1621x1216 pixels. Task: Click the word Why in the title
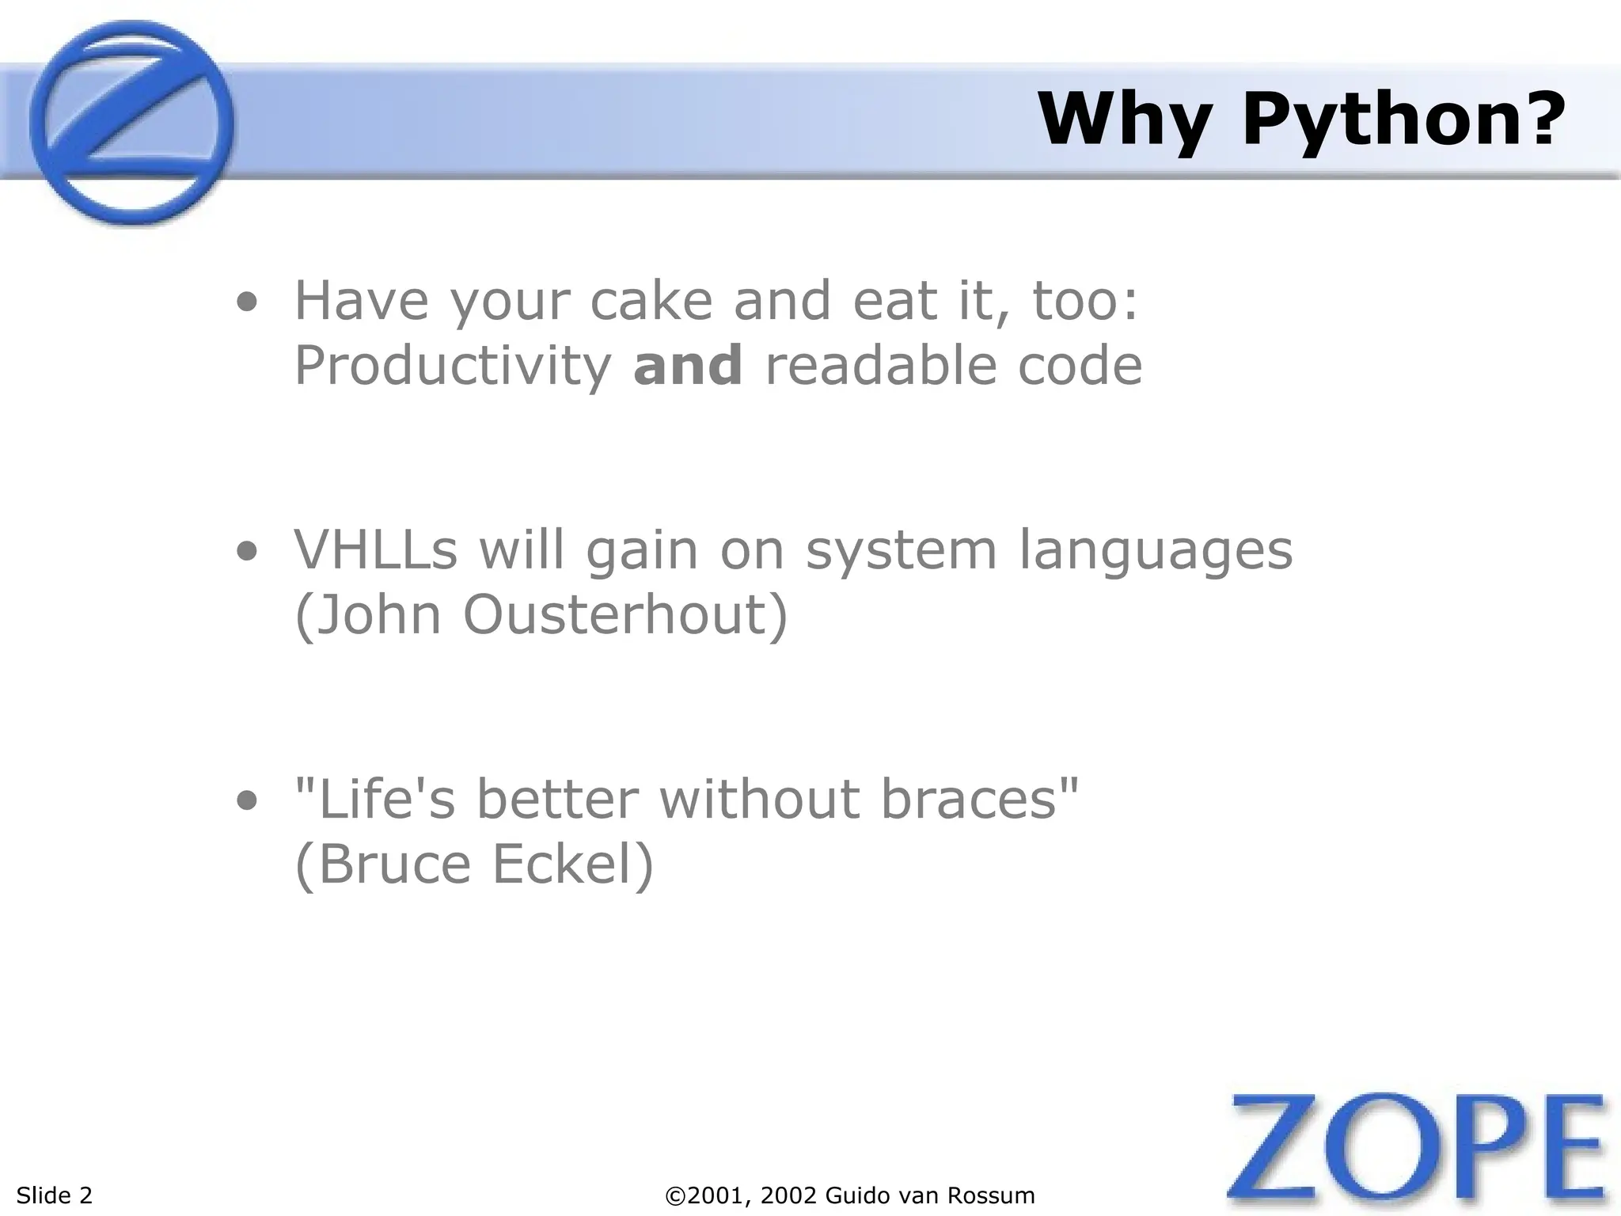point(1125,121)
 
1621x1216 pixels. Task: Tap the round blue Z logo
point(131,123)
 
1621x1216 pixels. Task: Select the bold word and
point(688,366)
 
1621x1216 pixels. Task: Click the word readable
point(879,366)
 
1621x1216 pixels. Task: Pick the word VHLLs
point(375,549)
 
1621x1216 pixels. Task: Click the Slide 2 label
point(54,1195)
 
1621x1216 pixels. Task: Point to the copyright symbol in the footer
point(675,1195)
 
